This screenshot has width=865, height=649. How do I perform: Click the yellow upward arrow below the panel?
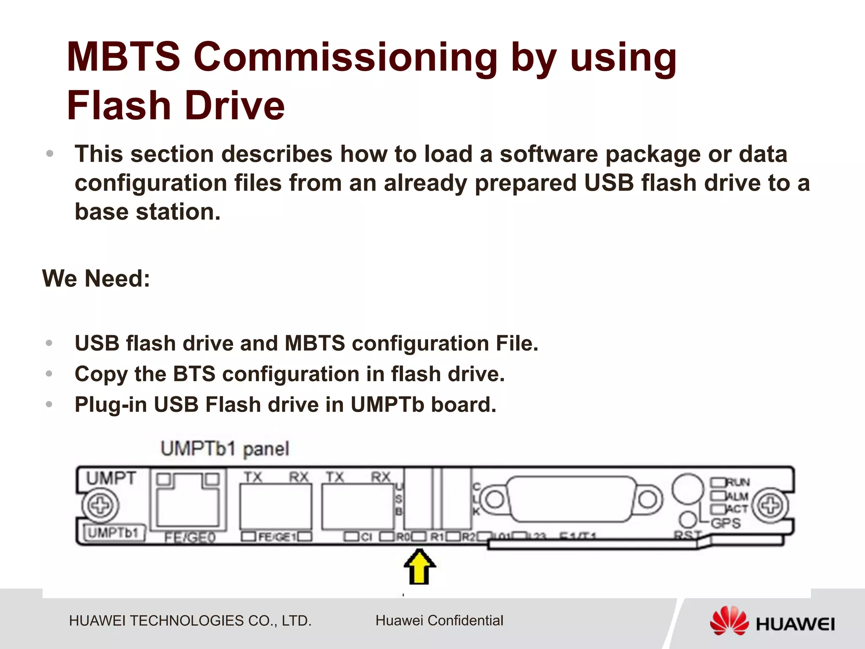(419, 568)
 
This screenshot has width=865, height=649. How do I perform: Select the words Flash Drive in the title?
(176, 106)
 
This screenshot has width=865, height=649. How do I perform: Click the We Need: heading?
(96, 278)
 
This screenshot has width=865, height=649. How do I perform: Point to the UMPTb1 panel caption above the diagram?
(225, 449)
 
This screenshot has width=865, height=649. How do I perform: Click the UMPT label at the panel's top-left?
(111, 479)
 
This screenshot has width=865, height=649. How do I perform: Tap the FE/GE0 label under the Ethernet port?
(190, 537)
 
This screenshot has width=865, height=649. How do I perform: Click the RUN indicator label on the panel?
(737, 482)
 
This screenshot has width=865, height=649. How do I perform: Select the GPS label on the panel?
(726, 523)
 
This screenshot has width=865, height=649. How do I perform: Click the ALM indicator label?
(737, 496)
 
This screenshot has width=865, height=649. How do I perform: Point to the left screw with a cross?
(100, 505)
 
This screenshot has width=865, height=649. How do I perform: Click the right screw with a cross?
(771, 505)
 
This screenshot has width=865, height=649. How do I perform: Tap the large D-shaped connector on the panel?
(571, 499)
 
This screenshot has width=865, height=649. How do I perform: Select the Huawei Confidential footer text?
(439, 620)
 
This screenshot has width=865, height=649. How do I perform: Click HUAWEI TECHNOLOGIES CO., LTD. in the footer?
(190, 621)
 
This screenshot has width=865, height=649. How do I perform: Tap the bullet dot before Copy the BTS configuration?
(49, 374)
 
